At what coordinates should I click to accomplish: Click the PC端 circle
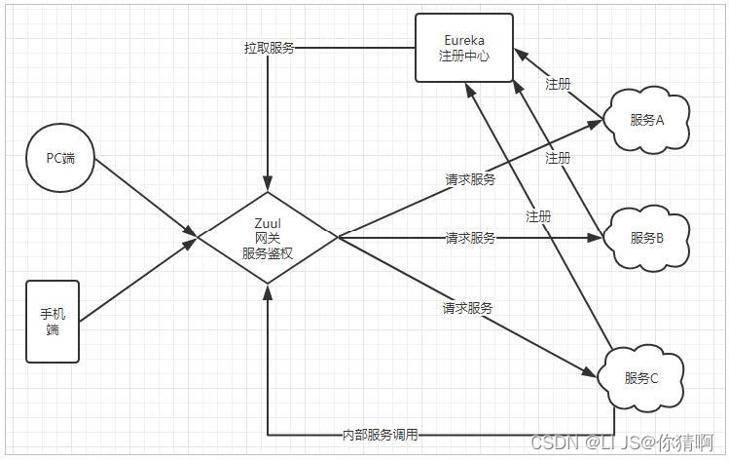60,158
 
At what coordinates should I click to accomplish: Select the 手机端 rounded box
53,322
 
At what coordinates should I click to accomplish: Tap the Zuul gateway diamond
268,237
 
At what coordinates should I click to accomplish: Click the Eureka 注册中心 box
464,48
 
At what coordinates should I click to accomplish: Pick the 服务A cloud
646,120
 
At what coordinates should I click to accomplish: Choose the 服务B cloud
646,237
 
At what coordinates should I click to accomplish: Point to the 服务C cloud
641,378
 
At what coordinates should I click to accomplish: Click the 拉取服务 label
269,48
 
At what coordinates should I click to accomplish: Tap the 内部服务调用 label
381,435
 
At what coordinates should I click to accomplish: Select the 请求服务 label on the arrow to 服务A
470,179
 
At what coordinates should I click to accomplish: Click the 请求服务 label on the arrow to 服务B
470,237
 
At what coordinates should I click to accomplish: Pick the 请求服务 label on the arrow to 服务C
467,308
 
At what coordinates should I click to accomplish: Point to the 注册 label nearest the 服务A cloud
558,85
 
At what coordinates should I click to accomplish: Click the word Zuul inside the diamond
268,222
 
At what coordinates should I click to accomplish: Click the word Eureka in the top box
464,40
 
